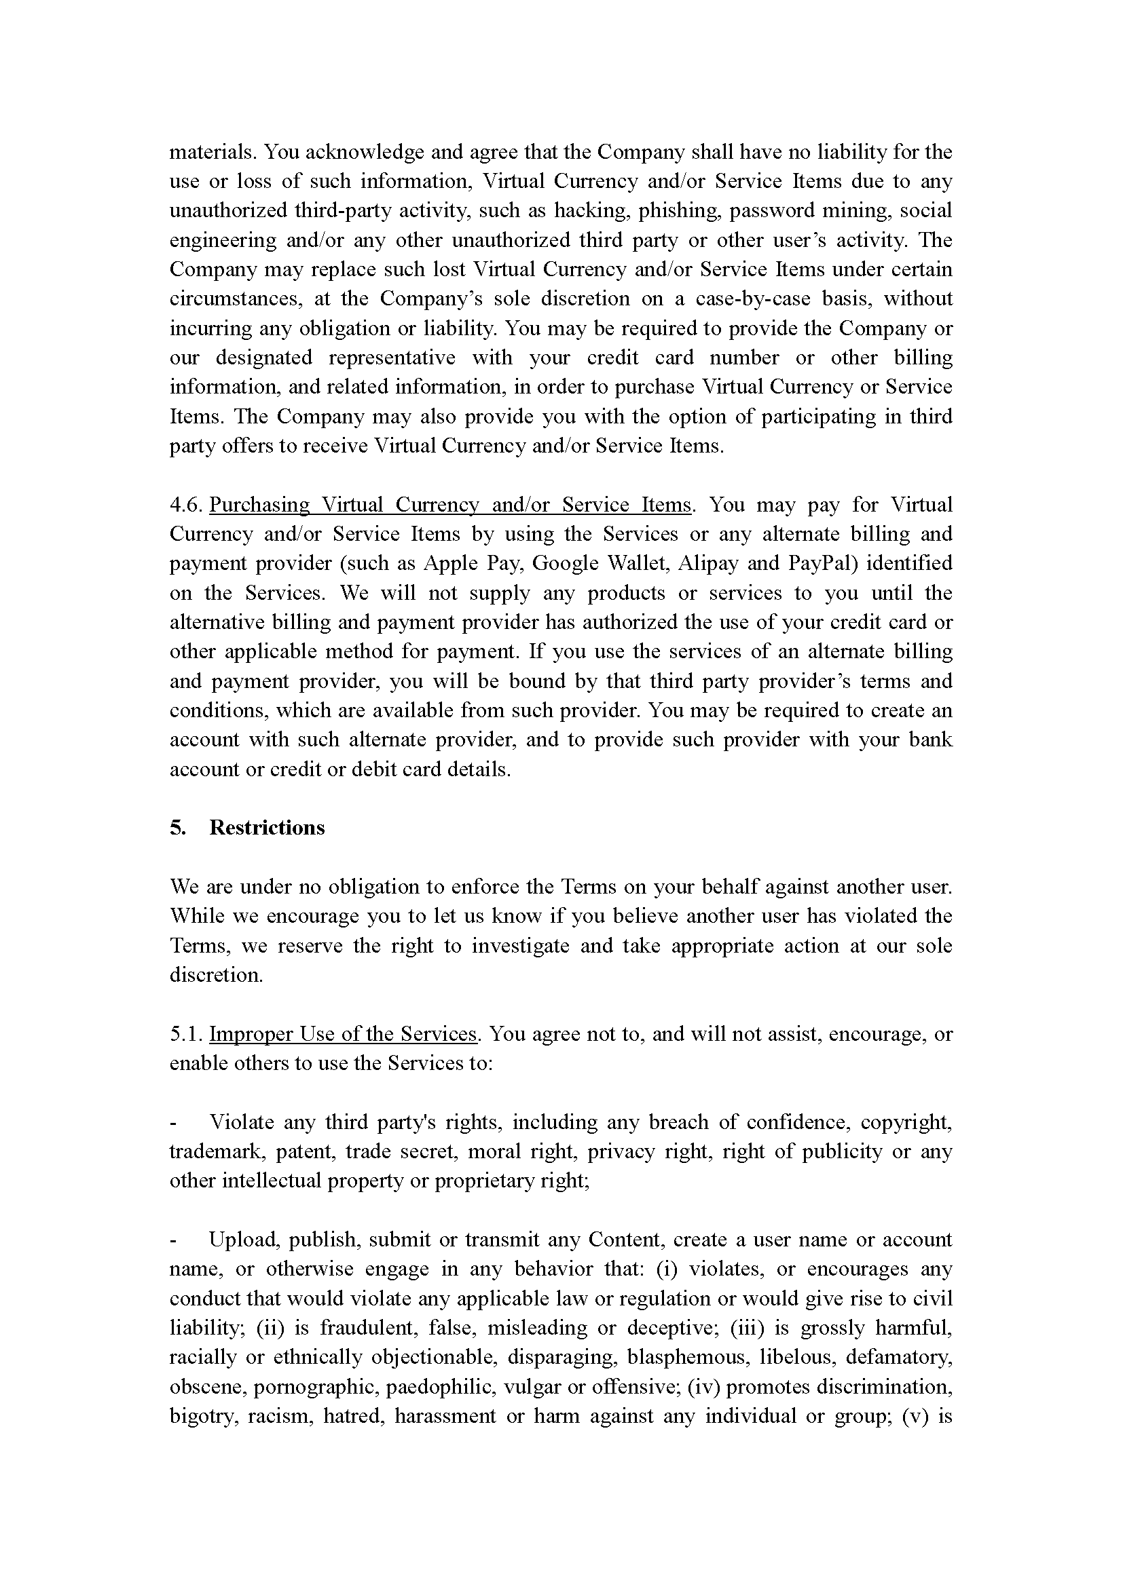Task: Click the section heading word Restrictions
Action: tap(266, 827)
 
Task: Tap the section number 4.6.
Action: tap(185, 505)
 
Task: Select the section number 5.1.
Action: tap(185, 1034)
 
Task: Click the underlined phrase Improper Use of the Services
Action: tap(343, 1034)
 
